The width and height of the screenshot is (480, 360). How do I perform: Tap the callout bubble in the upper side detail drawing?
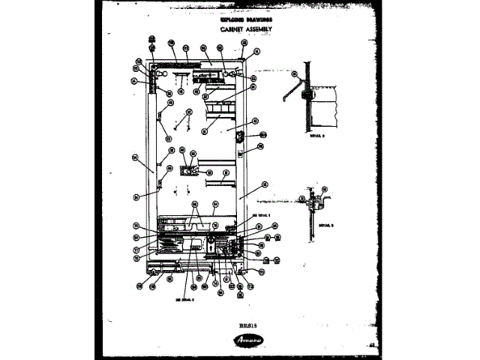(295, 75)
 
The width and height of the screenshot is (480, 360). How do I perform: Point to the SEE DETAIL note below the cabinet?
(184, 298)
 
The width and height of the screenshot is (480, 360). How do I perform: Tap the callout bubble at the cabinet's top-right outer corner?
(255, 52)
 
